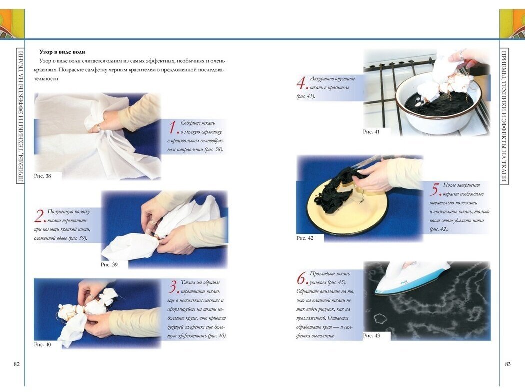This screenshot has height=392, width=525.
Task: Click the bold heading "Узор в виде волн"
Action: point(62,52)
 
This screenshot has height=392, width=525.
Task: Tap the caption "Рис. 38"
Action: point(43,176)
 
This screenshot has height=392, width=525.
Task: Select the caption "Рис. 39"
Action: point(109,265)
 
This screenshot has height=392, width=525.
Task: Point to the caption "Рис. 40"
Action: point(43,345)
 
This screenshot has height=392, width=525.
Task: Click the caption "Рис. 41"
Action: point(371,132)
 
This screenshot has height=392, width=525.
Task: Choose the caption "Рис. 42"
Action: point(305,238)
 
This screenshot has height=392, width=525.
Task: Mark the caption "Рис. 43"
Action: point(371,336)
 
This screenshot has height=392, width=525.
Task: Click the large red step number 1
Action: point(173,127)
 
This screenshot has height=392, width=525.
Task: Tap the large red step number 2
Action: point(39,216)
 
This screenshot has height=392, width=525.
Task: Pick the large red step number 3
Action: point(173,287)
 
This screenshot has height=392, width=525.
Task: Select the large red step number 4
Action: point(301,83)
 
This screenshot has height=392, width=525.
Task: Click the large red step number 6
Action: point(301,278)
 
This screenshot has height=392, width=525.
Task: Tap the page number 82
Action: point(17,364)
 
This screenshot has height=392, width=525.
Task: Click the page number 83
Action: point(508,364)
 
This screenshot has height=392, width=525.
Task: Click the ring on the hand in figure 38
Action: point(99,127)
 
